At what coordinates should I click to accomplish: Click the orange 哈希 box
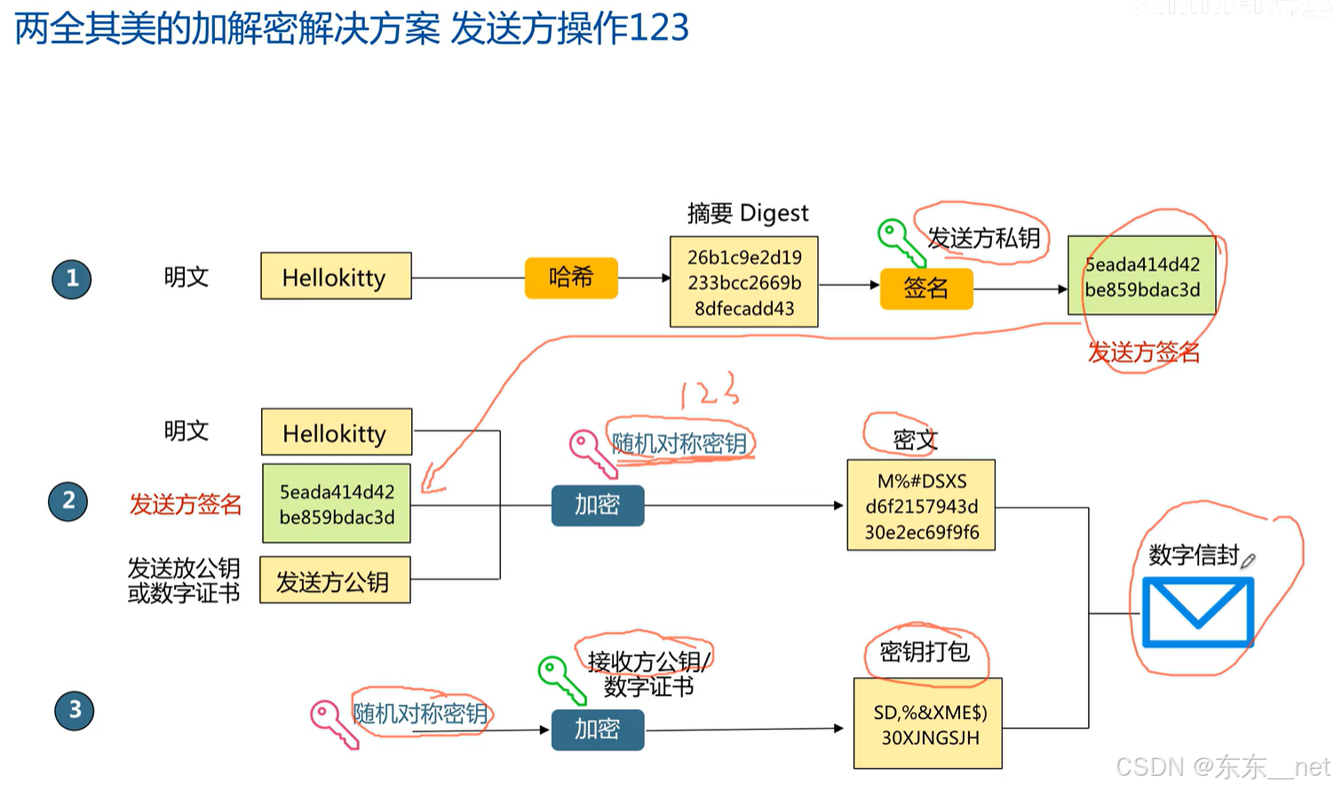point(571,278)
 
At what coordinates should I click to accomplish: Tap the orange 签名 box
point(926,288)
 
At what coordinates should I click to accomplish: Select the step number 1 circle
point(72,279)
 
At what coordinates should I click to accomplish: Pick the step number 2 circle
point(68,502)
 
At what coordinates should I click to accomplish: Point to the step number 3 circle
point(75,710)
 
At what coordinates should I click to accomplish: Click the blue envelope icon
point(1197,612)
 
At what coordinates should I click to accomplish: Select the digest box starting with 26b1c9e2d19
point(744,282)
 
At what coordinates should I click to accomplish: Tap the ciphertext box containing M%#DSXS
point(921,506)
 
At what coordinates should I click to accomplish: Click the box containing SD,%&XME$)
point(928,724)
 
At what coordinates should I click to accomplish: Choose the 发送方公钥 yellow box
point(335,581)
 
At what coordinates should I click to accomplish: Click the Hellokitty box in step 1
point(336,277)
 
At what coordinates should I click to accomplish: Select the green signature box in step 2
point(337,504)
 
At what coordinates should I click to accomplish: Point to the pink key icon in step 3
point(332,722)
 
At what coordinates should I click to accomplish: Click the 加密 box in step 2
point(597,505)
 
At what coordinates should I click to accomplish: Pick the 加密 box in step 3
point(597,730)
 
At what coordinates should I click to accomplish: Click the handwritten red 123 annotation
point(709,391)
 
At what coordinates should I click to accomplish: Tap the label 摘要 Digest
point(748,213)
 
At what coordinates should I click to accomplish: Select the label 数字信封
point(1193,556)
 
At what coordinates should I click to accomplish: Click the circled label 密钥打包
point(924,652)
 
